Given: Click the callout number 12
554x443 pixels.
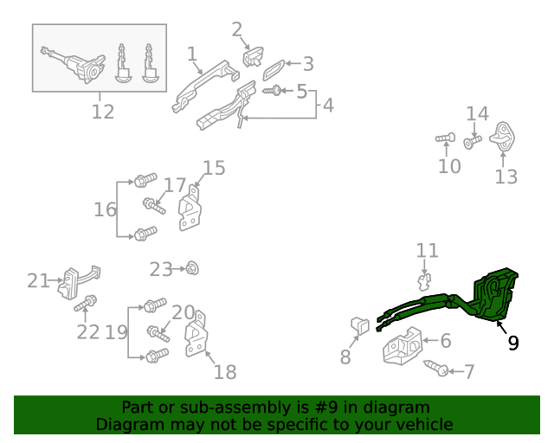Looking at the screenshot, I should (x=102, y=112).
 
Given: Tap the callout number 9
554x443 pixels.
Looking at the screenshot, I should (x=513, y=343).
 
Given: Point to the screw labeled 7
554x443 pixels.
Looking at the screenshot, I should (x=437, y=368).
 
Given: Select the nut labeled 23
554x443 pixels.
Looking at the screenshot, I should (x=192, y=269).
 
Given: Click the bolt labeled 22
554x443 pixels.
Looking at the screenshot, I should (x=87, y=303).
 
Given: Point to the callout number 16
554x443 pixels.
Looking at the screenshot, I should (x=105, y=209).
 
